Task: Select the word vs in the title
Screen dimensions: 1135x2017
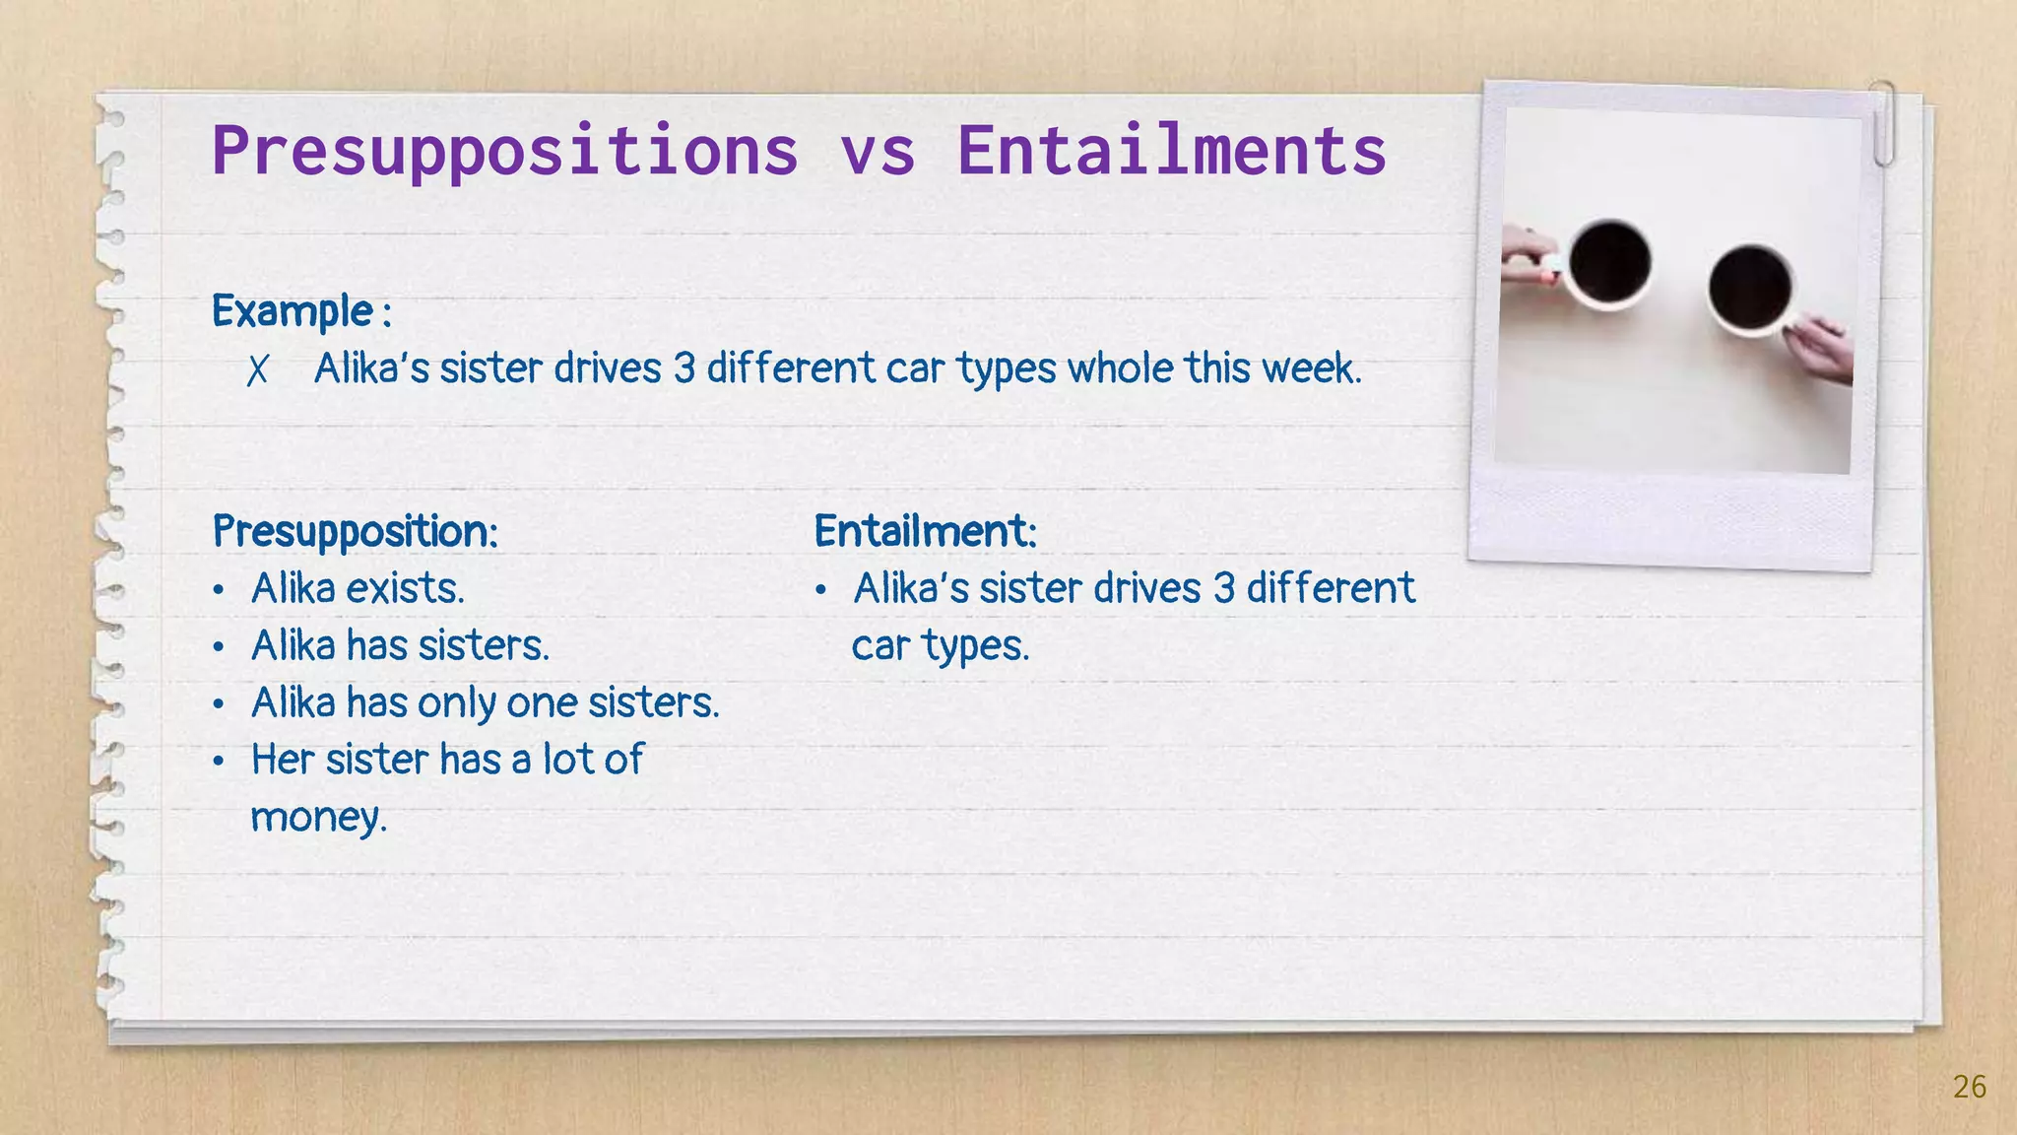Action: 878,154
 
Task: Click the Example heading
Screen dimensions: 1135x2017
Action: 293,311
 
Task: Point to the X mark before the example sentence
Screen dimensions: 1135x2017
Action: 257,370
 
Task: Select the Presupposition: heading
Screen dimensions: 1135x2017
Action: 355,532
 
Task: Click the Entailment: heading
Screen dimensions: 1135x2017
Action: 925,532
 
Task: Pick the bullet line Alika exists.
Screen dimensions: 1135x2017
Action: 357,589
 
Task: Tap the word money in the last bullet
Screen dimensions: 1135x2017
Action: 317,818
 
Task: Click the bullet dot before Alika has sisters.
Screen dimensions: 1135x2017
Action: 219,648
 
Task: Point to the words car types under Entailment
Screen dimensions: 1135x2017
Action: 940,647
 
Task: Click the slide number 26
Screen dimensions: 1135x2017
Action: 1969,1087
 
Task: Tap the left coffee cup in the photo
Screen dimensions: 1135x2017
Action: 1609,262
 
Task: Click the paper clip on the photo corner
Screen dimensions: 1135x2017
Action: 1883,123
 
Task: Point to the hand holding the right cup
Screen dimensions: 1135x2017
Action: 1820,350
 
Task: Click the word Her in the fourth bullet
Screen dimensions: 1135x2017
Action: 283,761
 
